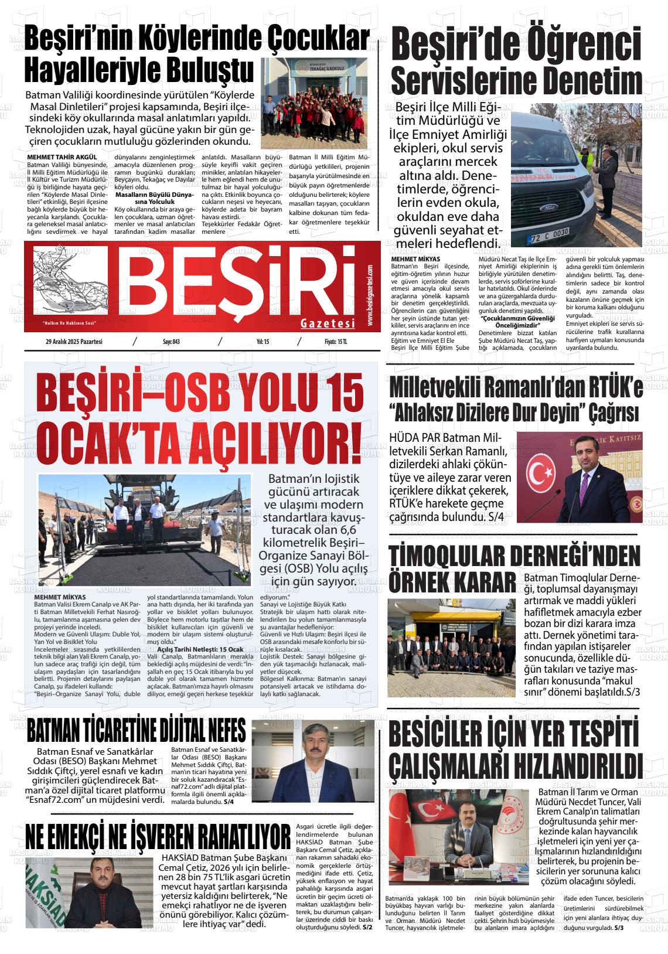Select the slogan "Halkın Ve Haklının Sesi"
click(x=69, y=323)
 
